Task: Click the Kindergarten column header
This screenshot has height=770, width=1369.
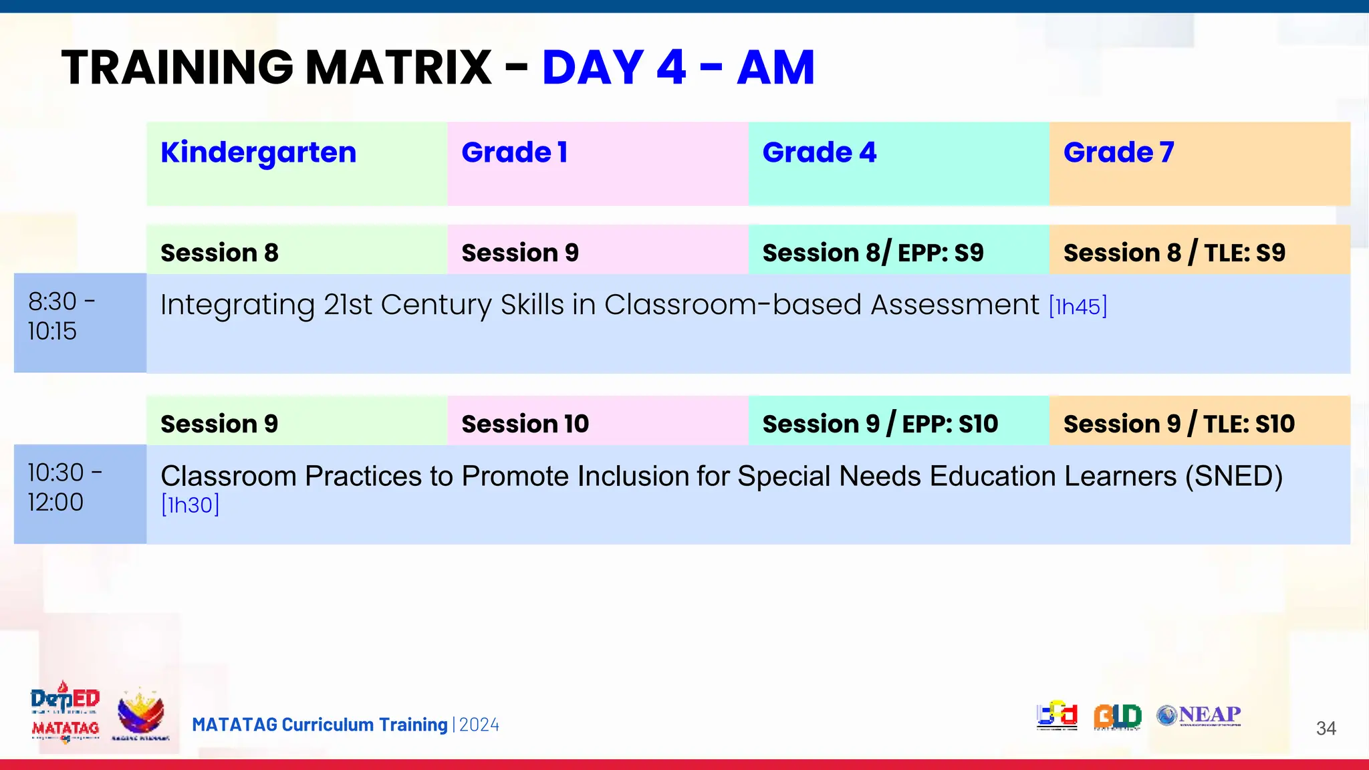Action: [x=259, y=153]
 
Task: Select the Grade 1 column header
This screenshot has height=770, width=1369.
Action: [x=515, y=153]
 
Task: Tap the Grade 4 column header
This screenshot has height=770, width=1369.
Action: [x=820, y=153]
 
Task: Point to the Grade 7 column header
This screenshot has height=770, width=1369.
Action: [x=1119, y=153]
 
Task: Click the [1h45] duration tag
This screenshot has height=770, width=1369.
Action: [x=1078, y=307]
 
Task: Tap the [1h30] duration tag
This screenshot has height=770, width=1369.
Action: [x=191, y=505]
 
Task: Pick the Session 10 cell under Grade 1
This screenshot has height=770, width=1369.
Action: [x=525, y=424]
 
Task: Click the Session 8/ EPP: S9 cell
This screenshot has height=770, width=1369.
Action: [x=873, y=253]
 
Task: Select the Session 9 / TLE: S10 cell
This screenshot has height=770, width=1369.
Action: [x=1179, y=424]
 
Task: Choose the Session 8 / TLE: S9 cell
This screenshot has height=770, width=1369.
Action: [x=1174, y=253]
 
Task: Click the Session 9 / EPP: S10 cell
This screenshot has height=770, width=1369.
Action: [x=880, y=424]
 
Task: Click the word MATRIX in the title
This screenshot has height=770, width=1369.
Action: [x=398, y=68]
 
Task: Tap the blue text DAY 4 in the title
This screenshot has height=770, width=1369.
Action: [x=614, y=68]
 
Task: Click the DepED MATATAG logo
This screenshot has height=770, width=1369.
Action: [x=65, y=713]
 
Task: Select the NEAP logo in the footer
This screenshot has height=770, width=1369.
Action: [x=1199, y=715]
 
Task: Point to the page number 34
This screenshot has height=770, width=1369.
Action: [x=1326, y=728]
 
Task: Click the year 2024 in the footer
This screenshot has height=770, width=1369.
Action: [x=479, y=725]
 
